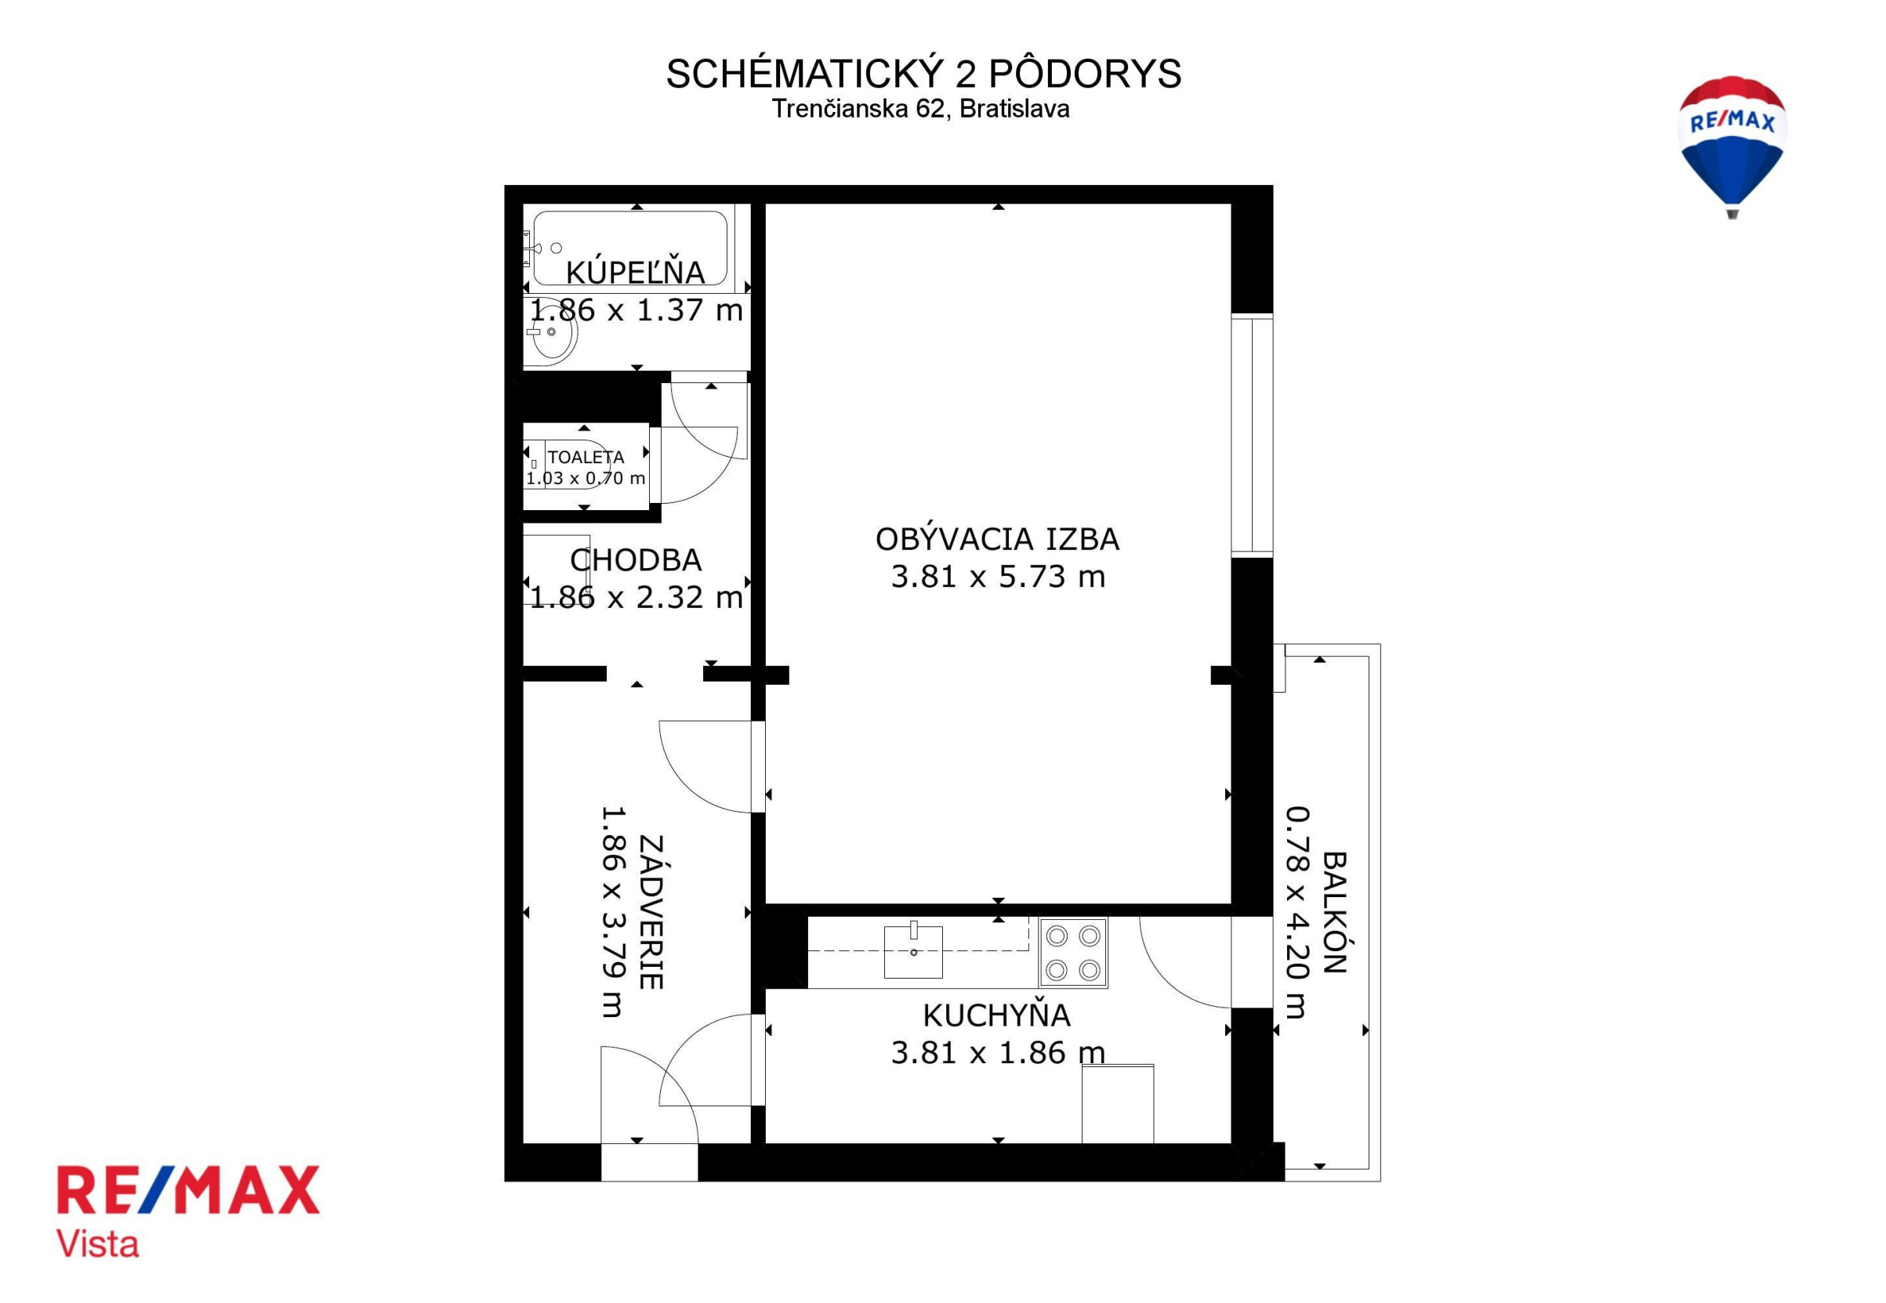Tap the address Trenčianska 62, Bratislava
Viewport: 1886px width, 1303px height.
pos(920,109)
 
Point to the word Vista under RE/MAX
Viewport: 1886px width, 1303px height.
pos(97,1244)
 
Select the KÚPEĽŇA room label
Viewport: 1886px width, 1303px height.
pos(635,273)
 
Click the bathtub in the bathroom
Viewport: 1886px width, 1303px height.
pos(629,248)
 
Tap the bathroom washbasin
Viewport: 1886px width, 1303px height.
pos(551,333)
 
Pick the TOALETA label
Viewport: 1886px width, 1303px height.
pos(586,458)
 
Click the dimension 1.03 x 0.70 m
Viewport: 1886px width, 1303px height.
pos(586,479)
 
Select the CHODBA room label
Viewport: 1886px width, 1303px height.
pos(636,560)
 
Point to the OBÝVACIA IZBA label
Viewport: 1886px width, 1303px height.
pos(997,539)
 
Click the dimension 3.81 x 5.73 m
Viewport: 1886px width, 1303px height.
pos(997,577)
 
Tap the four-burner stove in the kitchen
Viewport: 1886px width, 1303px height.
pos(1072,952)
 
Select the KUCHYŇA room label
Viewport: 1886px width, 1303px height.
pos(996,1015)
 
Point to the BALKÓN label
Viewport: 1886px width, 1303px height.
pos(1334,914)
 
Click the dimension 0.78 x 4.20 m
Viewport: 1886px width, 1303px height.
pos(1297,913)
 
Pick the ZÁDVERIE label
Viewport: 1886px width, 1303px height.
pos(651,912)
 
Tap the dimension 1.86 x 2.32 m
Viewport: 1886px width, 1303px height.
pos(636,598)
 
